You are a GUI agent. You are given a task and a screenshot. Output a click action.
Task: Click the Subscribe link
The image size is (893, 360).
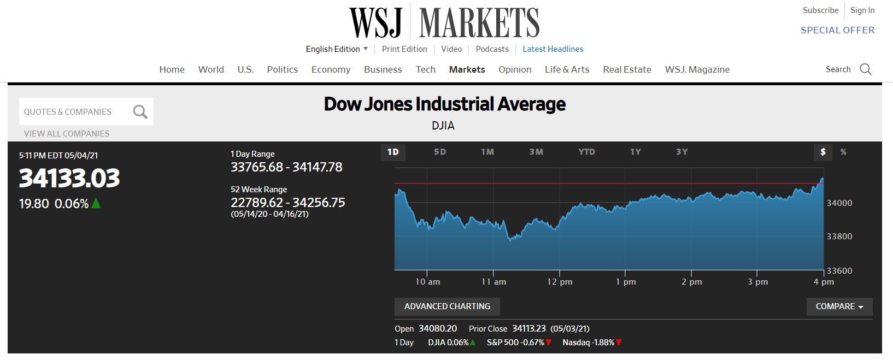tap(820, 10)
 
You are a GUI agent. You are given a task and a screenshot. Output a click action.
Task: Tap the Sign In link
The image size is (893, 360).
tap(862, 10)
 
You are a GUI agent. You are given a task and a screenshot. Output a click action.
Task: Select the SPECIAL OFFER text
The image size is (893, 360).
tap(838, 30)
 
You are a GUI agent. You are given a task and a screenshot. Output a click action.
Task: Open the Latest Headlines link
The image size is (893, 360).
tap(553, 49)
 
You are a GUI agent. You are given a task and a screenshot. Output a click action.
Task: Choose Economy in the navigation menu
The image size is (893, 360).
tap(331, 69)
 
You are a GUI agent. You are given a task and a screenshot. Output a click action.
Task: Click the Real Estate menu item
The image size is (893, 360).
tap(627, 69)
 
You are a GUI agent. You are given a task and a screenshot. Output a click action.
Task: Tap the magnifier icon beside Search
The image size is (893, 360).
tap(866, 69)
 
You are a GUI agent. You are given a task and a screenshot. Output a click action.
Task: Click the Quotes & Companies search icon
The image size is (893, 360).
tap(140, 112)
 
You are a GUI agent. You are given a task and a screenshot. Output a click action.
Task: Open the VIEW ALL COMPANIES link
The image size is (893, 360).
tap(67, 133)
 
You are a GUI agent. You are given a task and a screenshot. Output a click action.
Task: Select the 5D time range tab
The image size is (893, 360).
tap(440, 152)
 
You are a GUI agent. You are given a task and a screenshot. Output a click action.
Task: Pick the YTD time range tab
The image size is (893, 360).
tap(586, 152)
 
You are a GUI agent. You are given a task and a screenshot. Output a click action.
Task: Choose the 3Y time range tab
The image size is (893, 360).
tap(681, 152)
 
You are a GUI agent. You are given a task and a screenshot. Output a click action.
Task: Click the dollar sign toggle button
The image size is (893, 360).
tap(823, 152)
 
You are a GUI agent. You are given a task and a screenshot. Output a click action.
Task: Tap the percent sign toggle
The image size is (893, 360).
tap(843, 152)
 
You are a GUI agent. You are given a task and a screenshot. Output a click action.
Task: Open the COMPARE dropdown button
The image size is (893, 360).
tap(839, 306)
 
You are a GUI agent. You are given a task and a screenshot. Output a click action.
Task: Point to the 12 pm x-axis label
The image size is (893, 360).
tap(559, 282)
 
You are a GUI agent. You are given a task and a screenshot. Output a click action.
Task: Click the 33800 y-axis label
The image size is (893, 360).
tap(839, 237)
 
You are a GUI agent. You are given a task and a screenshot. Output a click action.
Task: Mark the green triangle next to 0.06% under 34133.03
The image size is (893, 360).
tap(96, 203)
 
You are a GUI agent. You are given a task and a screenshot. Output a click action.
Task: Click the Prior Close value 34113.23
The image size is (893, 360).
tap(528, 328)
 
